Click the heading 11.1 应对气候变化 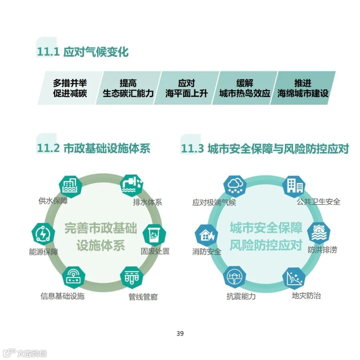point(82,52)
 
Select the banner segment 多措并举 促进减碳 point(70,88)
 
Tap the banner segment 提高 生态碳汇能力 point(128,88)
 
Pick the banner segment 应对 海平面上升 point(186,88)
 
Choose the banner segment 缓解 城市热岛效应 point(245,88)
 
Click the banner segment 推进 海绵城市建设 point(303,88)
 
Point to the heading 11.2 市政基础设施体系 point(94,148)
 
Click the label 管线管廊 point(143,297)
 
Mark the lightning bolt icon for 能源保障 point(43,234)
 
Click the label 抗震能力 point(241,296)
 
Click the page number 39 point(180,334)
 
